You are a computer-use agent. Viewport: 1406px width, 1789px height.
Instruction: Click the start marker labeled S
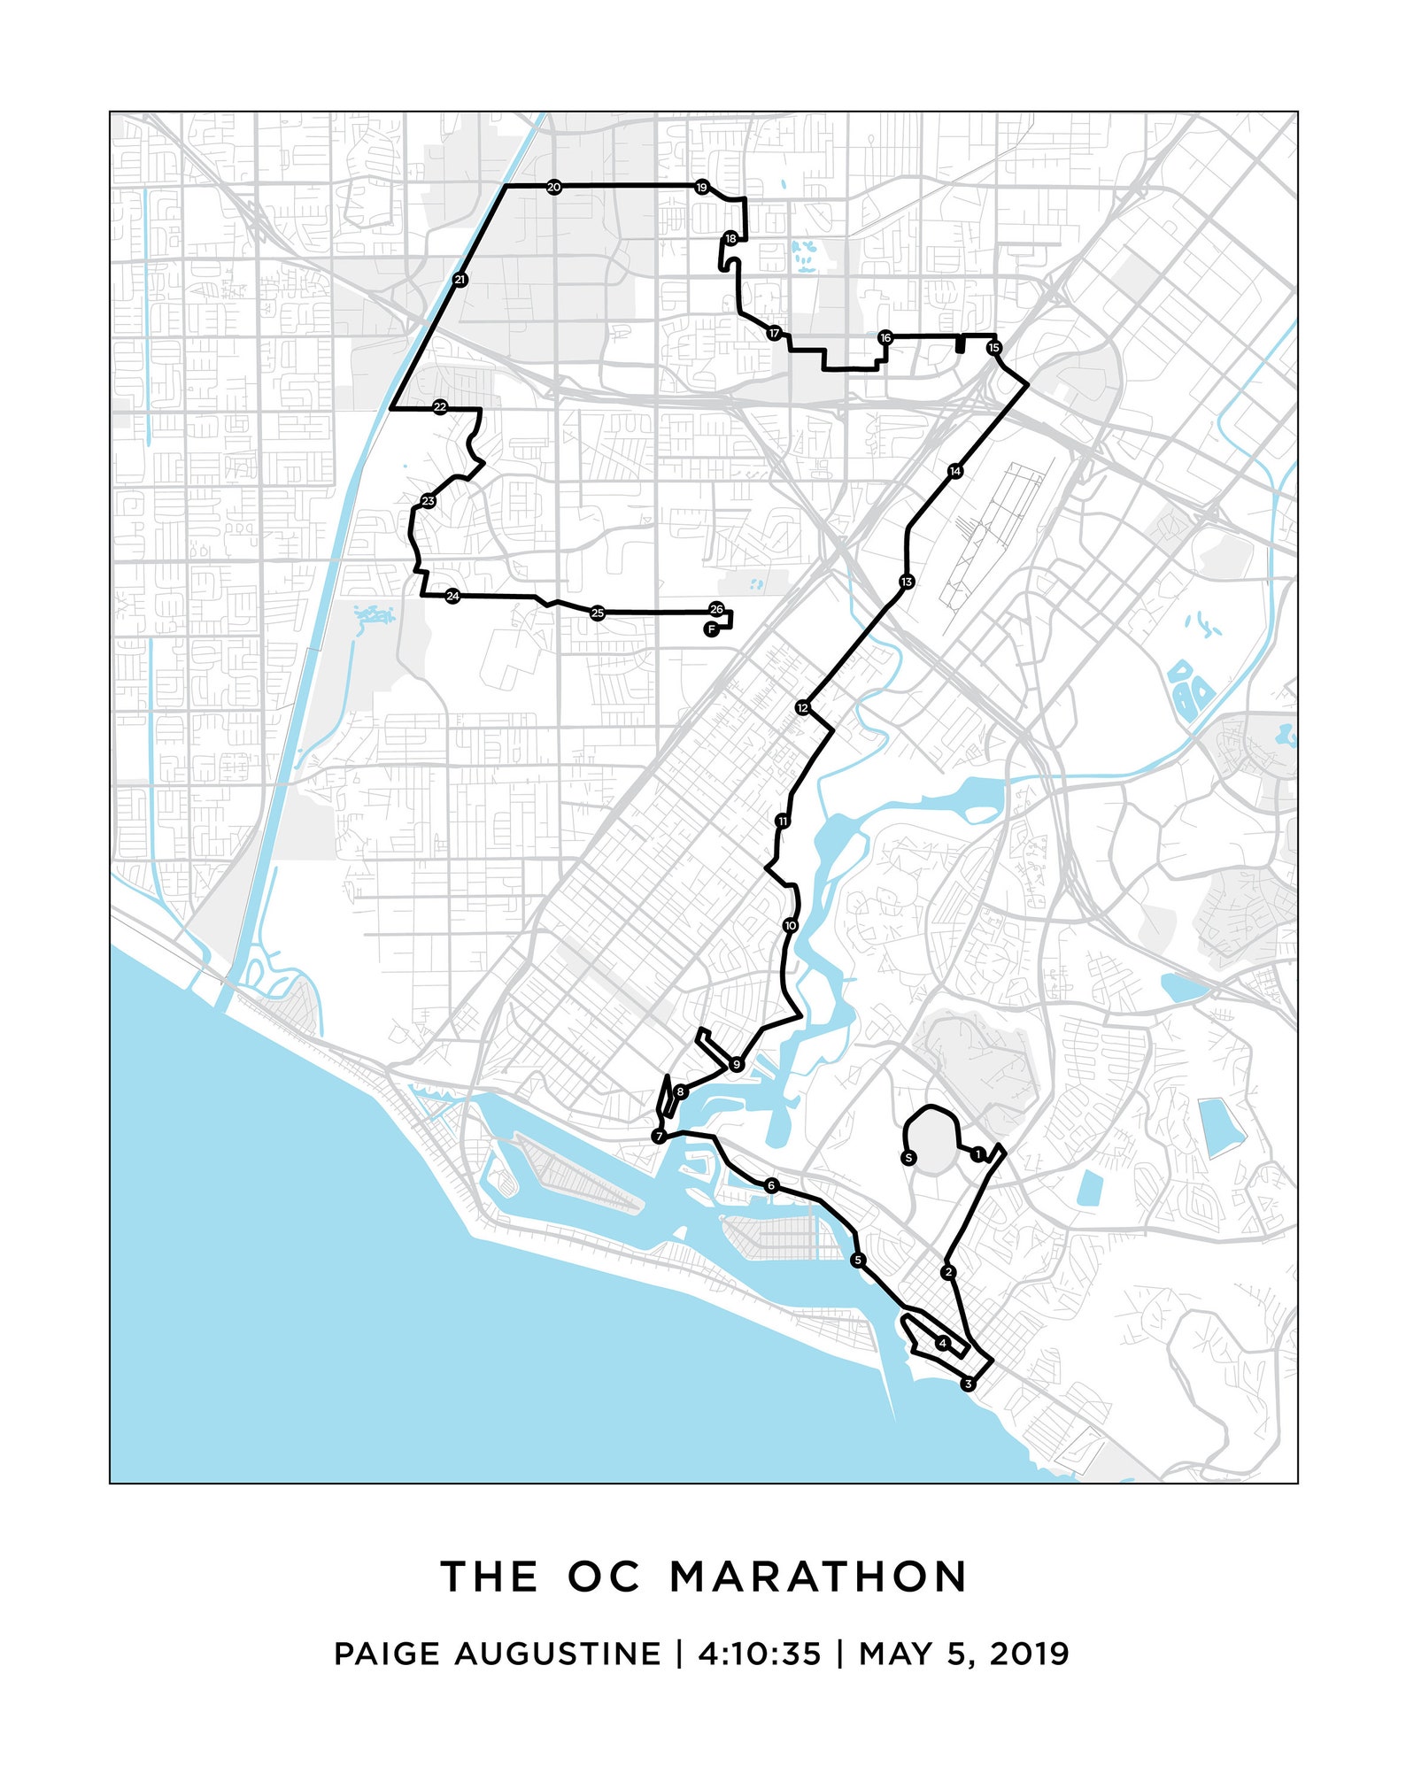tap(908, 1157)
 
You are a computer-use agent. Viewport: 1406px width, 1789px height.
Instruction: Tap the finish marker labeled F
tap(711, 629)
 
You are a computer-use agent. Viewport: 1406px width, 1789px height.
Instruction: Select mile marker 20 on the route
tap(553, 187)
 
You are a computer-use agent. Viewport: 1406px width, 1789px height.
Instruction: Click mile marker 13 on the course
tap(906, 582)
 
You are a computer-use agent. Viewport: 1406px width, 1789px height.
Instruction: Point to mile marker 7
tap(659, 1137)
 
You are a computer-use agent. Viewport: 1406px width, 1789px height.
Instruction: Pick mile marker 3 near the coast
tap(968, 1384)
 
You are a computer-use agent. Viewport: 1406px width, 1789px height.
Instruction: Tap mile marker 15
tap(993, 347)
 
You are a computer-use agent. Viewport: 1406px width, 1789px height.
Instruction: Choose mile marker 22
tap(440, 407)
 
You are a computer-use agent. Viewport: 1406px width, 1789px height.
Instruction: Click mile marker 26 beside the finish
tap(716, 609)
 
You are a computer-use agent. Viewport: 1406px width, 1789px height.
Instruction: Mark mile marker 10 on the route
tap(791, 925)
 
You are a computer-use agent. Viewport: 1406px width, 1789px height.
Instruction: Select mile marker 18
tap(730, 239)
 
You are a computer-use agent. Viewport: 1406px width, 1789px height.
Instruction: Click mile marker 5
tap(857, 1260)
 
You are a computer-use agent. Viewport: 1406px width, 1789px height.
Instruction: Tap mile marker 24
tap(452, 596)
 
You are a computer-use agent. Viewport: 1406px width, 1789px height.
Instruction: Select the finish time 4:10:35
tap(760, 1654)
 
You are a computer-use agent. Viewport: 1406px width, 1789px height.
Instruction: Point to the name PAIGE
tap(386, 1654)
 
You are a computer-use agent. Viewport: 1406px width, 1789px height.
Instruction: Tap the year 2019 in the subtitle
tap(1030, 1654)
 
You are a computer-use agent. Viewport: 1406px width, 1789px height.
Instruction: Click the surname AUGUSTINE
tap(558, 1654)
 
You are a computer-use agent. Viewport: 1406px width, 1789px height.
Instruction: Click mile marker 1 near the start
tap(977, 1153)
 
